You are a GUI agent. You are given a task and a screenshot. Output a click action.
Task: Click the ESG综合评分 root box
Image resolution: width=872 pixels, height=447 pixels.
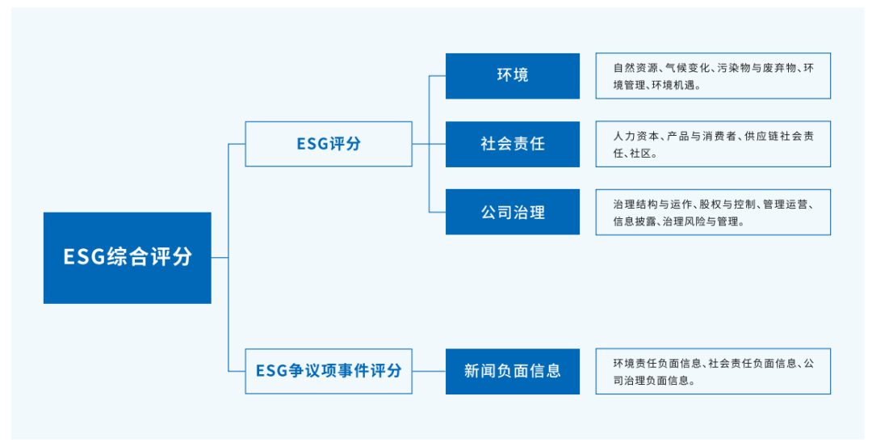(x=128, y=258)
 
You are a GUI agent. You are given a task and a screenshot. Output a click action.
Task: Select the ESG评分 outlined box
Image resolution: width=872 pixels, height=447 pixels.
(x=328, y=144)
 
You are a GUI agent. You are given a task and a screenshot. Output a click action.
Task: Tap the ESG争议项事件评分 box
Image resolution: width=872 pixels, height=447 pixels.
(x=328, y=371)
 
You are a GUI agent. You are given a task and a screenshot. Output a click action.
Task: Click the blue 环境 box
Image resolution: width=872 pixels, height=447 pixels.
(x=513, y=76)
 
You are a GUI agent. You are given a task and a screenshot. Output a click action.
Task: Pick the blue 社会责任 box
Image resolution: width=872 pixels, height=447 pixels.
(x=513, y=144)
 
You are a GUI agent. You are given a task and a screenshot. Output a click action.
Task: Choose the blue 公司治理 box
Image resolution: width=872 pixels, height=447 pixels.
(x=513, y=213)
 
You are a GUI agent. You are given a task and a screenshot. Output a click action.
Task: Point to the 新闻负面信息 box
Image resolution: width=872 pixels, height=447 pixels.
(x=513, y=371)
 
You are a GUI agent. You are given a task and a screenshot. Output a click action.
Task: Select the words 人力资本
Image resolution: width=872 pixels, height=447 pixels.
(x=632, y=136)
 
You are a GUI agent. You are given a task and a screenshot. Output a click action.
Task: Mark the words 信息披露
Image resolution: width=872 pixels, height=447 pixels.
(x=632, y=221)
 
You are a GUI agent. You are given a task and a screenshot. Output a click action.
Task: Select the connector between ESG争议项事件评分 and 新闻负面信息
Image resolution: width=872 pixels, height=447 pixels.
(x=429, y=371)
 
